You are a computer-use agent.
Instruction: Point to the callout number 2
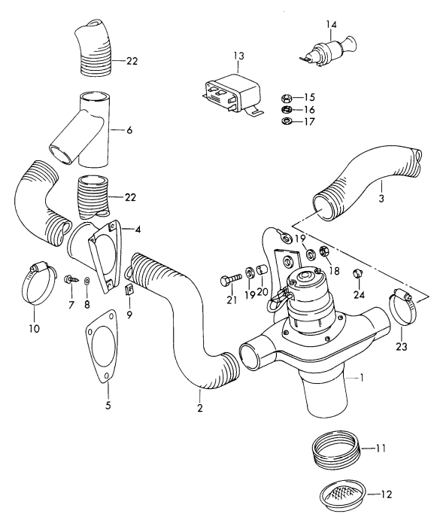tap(200, 409)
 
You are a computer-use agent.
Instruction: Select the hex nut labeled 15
tap(286, 97)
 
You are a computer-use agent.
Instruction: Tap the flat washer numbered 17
tap(286, 121)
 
